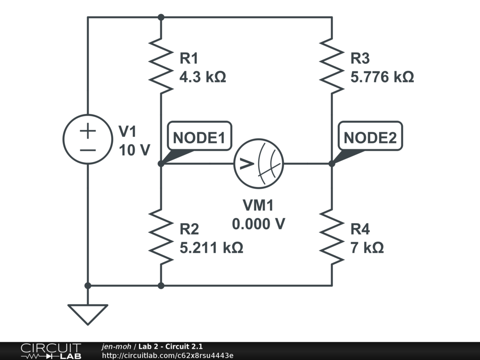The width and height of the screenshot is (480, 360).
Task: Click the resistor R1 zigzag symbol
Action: pos(161,66)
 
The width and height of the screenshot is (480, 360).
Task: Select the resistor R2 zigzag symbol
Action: pos(161,237)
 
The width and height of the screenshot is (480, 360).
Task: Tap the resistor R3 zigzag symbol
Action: pos(332,66)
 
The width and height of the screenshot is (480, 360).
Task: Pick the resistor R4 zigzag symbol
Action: pos(332,237)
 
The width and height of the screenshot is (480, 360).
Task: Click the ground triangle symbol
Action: pos(88,315)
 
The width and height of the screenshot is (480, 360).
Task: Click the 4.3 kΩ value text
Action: pos(202,77)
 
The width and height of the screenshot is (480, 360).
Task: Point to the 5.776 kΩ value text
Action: pos(382,77)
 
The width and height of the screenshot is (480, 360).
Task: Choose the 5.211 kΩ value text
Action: pos(211,247)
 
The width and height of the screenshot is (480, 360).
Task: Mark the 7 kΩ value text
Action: pos(367,247)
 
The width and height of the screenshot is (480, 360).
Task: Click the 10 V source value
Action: pos(135,150)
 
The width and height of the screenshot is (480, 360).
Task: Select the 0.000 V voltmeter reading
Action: pos(259,224)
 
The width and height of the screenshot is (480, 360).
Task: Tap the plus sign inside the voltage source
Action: pos(88,131)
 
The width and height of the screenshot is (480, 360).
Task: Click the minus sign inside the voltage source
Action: pos(88,150)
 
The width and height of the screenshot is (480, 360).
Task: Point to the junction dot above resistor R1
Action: pos(161,17)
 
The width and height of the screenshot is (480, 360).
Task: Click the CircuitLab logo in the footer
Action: pos(51,351)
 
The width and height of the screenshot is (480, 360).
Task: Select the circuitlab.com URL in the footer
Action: pos(168,356)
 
